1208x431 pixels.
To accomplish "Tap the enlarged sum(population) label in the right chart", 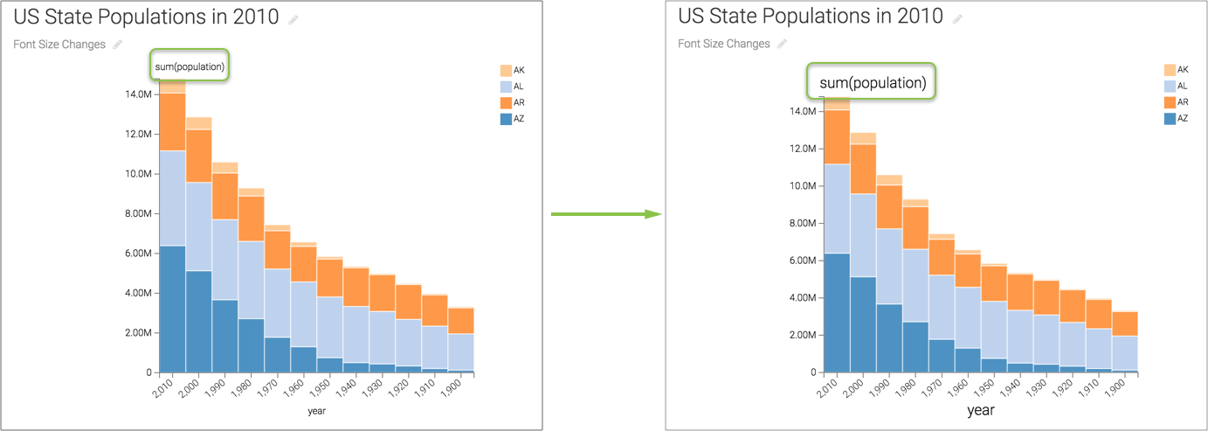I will [872, 83].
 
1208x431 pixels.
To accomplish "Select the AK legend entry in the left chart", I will [513, 70].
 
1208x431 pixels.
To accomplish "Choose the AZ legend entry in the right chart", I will [1177, 118].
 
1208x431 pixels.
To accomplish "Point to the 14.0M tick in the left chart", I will [140, 94].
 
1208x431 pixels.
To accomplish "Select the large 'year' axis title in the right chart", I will [980, 409].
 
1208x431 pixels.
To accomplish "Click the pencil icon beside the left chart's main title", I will [293, 19].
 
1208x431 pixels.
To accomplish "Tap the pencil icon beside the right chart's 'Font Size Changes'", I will [783, 44].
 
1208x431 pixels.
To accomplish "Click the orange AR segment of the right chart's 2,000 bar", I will [864, 163].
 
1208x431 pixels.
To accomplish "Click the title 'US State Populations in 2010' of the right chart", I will [810, 17].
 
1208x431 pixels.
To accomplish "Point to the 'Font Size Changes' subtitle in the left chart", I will [59, 45].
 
